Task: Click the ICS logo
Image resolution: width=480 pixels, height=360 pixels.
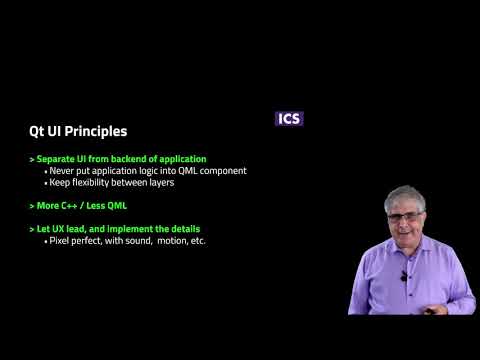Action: tap(288, 118)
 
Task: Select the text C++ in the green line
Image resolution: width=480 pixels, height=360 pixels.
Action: tap(74, 206)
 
